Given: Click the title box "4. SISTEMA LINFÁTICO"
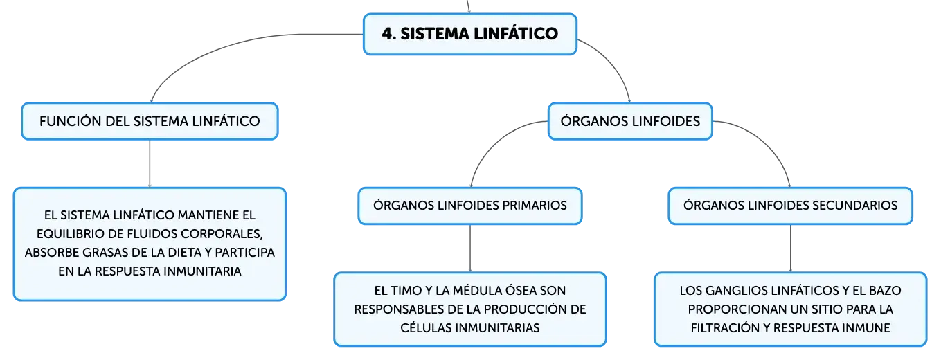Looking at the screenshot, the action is point(469,34).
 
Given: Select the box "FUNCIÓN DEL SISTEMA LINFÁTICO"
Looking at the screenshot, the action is point(150,121).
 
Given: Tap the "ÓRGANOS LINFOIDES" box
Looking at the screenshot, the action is point(630,121).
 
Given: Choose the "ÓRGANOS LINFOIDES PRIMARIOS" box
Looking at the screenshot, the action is point(470,206).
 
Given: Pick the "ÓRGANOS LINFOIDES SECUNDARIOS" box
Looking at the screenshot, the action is point(790,206).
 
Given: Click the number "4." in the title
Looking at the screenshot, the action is point(389,34).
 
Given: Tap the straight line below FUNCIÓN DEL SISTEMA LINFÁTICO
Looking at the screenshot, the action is point(150,163).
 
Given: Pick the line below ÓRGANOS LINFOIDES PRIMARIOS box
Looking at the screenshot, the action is point(470,249).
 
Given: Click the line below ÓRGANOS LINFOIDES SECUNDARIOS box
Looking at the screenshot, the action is point(790,249).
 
